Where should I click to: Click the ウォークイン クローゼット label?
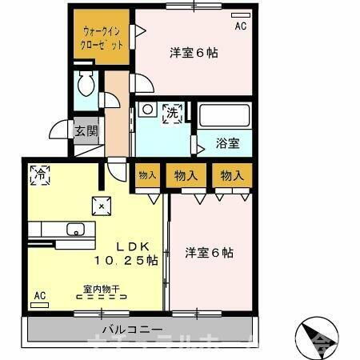[x=102, y=38]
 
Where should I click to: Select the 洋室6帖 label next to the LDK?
[x=210, y=253]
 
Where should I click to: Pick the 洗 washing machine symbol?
[x=172, y=114]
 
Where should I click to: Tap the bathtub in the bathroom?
[x=224, y=116]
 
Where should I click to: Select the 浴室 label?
[x=228, y=144]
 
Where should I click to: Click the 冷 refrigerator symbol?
[x=38, y=172]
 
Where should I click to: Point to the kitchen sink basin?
[x=77, y=232]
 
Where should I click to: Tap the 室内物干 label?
[x=102, y=289]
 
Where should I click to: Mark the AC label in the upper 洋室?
[x=241, y=26]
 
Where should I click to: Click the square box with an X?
[x=102, y=205]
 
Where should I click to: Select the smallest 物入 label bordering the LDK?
[x=146, y=175]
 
